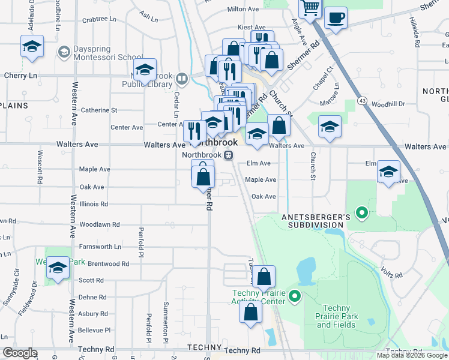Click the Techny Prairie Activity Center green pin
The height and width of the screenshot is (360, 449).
pyautogui.click(x=294, y=296)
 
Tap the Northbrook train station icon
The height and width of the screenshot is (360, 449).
pyautogui.click(x=228, y=155)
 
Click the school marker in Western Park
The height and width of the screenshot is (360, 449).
pyautogui.click(x=58, y=268)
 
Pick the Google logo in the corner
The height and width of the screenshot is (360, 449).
pyautogui.click(x=20, y=353)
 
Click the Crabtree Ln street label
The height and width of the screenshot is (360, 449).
pyautogui.click(x=99, y=19)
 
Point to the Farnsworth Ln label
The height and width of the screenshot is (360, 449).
pyautogui.click(x=100, y=246)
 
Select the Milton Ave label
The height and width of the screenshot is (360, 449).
pyautogui.click(x=243, y=9)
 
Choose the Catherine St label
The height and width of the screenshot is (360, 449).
pyautogui.click(x=98, y=110)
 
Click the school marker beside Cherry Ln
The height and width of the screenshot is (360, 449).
pyautogui.click(x=32, y=46)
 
